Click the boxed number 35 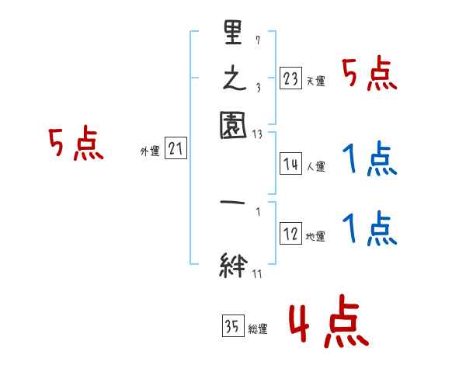[x=232, y=327]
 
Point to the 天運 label [x=316, y=81]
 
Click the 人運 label [x=316, y=166]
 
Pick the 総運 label [x=258, y=329]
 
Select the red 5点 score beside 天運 [x=370, y=76]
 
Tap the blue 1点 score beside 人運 [x=370, y=162]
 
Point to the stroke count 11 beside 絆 [x=256, y=273]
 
